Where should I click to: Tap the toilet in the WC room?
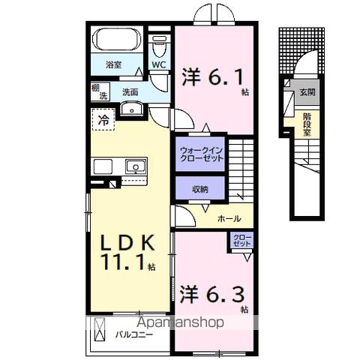point(157,46)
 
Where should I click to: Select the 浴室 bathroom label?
point(113,65)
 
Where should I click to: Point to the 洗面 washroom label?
point(130,93)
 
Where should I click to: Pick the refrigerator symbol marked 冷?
point(103,118)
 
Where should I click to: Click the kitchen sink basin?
point(135,166)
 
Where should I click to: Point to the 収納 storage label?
point(199,189)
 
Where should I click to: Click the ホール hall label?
point(229,219)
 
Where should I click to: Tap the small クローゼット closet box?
point(241,241)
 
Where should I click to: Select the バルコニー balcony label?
point(136,334)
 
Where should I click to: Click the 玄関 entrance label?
point(308,93)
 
